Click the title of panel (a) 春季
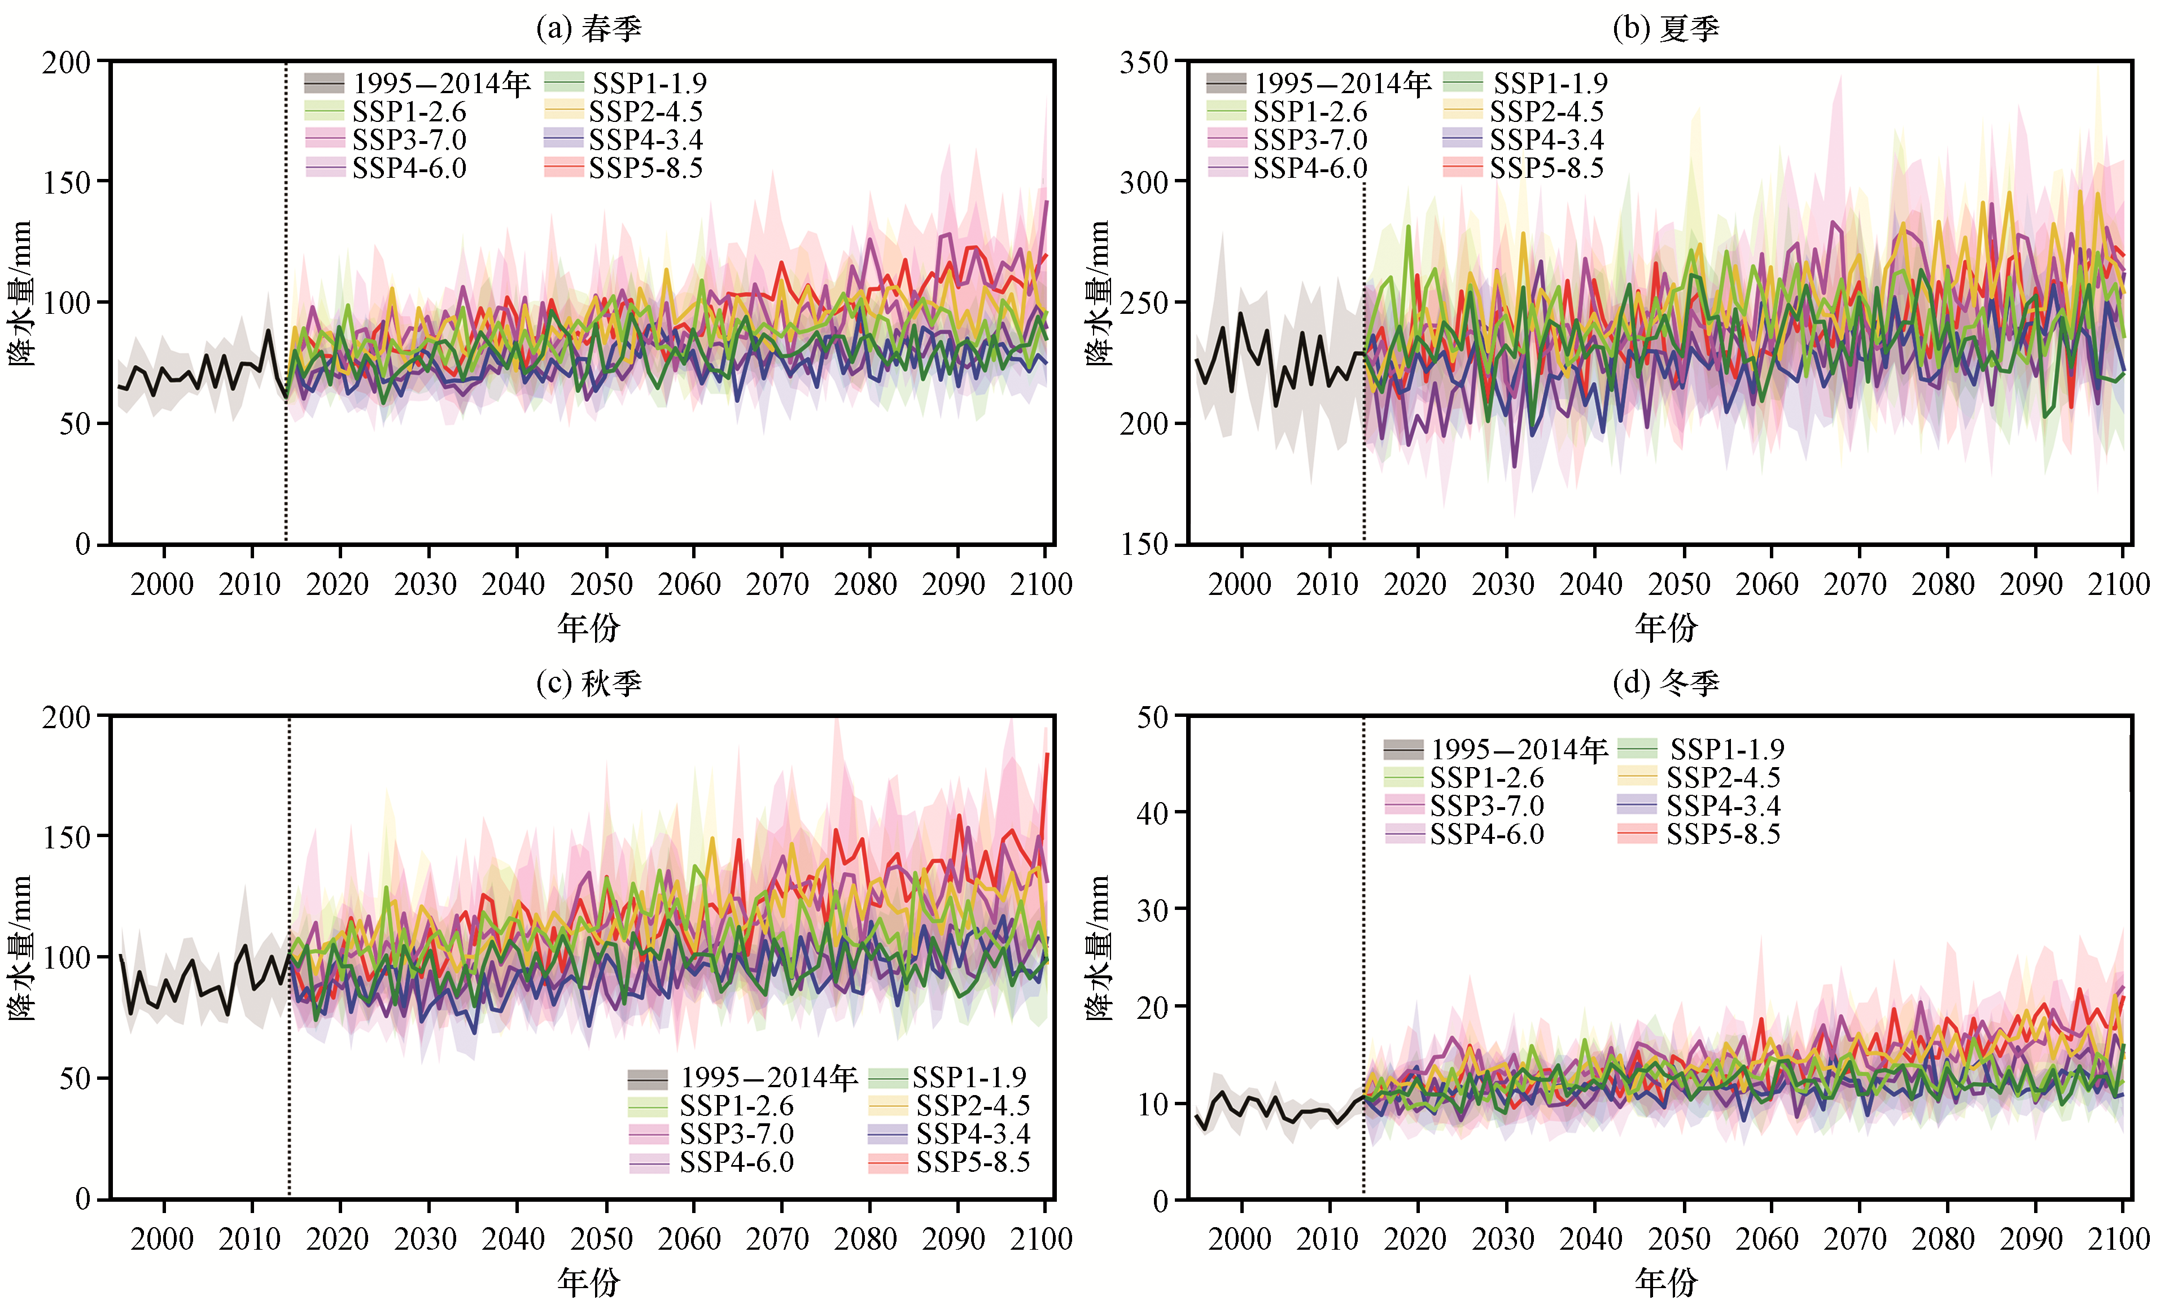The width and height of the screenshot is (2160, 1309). tap(589, 29)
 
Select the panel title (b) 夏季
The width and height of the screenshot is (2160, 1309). tap(1665, 29)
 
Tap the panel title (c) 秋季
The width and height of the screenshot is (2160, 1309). tap(589, 683)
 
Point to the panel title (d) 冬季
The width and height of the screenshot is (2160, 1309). tap(1665, 683)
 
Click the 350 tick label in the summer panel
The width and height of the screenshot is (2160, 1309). tap(1144, 62)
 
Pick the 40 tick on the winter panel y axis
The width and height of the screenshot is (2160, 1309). tap(1153, 813)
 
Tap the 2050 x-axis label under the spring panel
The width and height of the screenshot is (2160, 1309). tap(601, 584)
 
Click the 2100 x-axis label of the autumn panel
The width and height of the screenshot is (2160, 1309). tap(1042, 1239)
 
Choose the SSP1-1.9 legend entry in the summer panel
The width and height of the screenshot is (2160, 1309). tap(1525, 84)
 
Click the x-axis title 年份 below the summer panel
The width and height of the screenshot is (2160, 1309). tap(1665, 627)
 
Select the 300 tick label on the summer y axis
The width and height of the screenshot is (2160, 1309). tap(1144, 182)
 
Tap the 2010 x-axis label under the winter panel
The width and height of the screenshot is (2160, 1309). tap(1327, 1239)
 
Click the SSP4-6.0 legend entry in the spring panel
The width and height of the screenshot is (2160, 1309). tap(386, 168)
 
